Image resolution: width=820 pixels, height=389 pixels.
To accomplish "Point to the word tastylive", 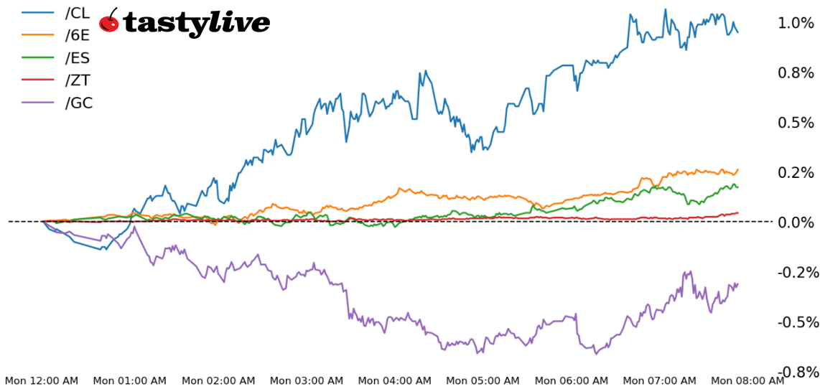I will (197, 23).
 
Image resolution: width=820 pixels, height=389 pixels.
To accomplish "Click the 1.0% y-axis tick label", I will (796, 23).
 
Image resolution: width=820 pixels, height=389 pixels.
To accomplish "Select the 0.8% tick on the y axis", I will (796, 72).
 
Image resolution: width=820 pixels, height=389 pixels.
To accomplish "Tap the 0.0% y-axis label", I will (796, 222).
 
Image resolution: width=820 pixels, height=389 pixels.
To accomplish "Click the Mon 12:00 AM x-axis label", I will (42, 380).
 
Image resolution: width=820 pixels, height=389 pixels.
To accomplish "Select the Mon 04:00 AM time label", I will (395, 380).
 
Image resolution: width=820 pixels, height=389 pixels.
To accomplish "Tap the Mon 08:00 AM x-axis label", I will (747, 380).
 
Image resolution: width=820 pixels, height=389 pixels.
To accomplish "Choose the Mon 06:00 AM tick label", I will (572, 380).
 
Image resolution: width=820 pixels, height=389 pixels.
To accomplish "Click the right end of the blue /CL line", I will (737, 32).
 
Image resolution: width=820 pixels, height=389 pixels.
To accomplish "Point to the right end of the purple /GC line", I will (737, 283).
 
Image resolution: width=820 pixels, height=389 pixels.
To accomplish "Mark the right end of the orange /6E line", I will (737, 169).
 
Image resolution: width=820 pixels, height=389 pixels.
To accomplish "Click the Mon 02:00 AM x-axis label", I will (218, 380).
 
